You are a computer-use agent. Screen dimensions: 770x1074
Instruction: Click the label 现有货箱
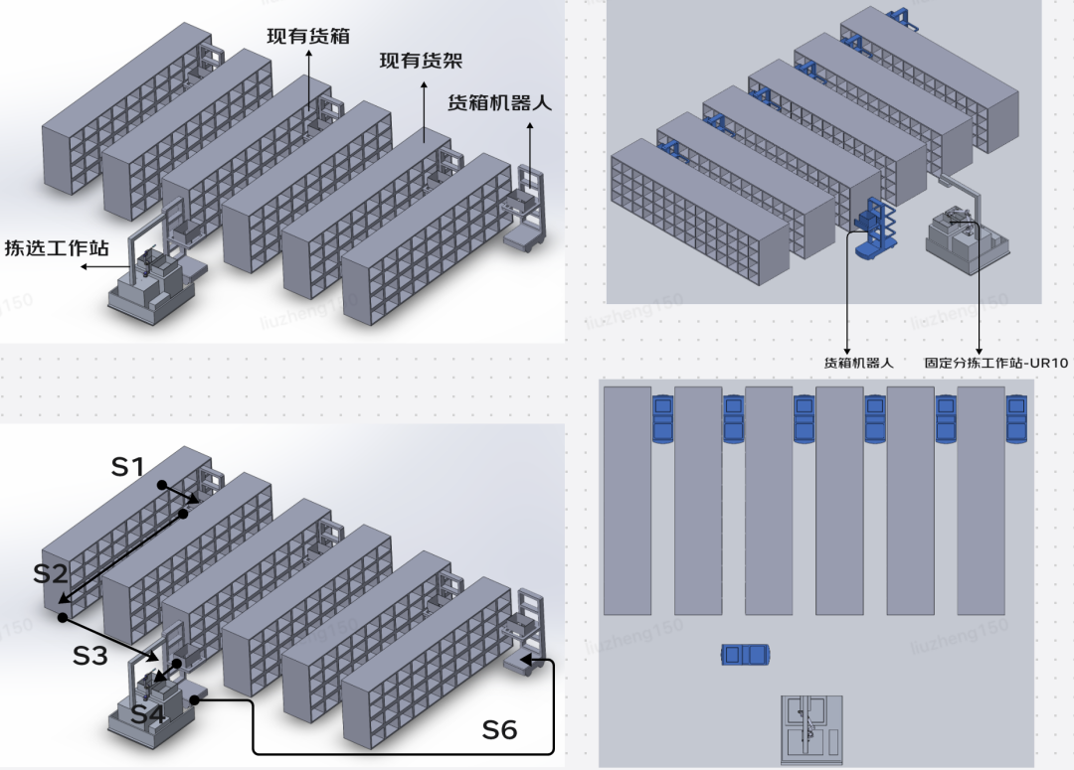307,37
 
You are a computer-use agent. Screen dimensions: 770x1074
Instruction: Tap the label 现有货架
421,61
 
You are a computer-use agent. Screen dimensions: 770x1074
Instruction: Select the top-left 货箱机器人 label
498,101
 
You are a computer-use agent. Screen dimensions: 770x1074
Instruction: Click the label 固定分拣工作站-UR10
996,363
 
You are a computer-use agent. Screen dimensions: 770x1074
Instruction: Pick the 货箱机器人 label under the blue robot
857,363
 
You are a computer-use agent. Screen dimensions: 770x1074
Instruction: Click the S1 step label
128,466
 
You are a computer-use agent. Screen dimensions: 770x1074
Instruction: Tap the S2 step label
51,573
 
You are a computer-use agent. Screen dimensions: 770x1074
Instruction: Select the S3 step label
90,656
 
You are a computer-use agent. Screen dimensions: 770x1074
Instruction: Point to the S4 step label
147,712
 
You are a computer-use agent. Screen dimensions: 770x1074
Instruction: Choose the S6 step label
499,730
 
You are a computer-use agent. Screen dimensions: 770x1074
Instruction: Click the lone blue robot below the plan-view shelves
746,654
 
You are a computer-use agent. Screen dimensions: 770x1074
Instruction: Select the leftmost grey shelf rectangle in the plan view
627,500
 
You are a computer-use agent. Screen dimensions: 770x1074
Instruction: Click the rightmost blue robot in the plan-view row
1016,418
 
